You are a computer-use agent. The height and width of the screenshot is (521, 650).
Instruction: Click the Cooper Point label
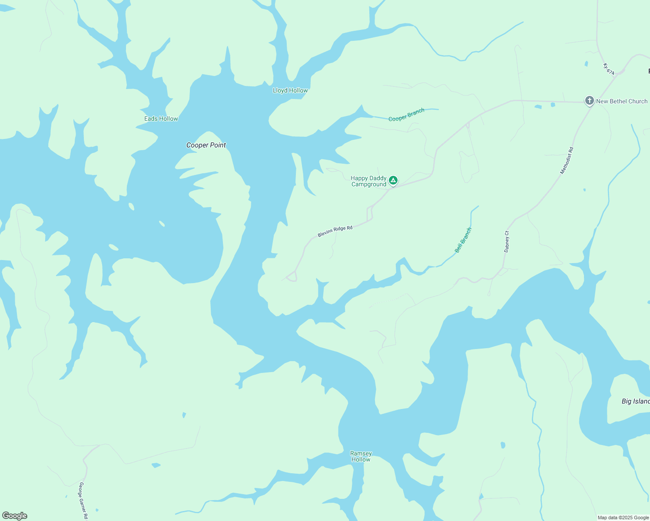[x=206, y=145]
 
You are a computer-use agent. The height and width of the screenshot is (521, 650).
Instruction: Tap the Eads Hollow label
[x=161, y=119]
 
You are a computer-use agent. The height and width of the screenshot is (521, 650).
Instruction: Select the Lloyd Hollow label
[x=290, y=90]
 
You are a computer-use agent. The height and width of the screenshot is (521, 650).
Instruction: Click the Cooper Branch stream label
[x=406, y=115]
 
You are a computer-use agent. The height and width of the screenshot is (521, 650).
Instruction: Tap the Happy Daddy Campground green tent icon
[x=393, y=180]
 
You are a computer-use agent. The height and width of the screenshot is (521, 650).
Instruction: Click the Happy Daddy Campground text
[x=368, y=181]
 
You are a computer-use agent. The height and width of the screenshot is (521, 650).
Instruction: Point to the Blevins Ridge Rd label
[x=335, y=231]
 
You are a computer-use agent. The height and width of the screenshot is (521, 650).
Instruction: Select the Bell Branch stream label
[x=463, y=240]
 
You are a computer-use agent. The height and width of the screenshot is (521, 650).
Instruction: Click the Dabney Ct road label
[x=507, y=241]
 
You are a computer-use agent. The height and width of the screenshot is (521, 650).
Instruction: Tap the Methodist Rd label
[x=567, y=161]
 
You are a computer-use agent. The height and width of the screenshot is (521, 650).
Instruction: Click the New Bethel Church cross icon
[x=589, y=101]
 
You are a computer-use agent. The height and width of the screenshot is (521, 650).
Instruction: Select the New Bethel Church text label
[x=622, y=101]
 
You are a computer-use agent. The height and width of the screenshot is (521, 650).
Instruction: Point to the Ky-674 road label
[x=609, y=69]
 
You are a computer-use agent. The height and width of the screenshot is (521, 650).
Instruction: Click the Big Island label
[x=635, y=401]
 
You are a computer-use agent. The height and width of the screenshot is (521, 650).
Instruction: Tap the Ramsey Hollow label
[x=361, y=456]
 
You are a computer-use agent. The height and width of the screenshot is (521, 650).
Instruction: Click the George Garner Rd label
[x=83, y=501]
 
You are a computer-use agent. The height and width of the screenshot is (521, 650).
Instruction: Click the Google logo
[x=15, y=516]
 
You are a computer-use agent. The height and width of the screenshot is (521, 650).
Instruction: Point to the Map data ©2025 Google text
[x=623, y=518]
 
